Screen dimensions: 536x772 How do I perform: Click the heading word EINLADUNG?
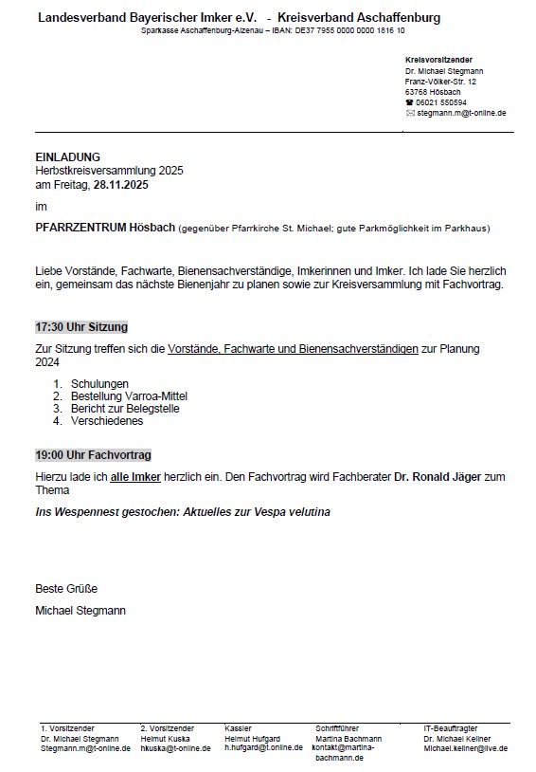coord(67,156)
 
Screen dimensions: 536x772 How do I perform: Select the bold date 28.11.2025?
coord(120,185)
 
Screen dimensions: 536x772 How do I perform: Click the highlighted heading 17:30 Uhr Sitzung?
coord(81,327)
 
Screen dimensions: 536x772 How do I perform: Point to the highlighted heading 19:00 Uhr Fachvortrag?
coord(93,455)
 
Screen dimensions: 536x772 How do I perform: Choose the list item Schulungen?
coord(99,384)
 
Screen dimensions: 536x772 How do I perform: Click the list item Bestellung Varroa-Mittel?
coord(129,396)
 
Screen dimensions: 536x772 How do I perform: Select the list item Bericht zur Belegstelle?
coord(125,409)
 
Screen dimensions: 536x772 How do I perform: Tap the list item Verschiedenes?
coord(107,421)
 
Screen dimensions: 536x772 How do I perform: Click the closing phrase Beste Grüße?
coord(66,589)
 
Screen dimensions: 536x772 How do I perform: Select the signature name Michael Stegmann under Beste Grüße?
coord(80,610)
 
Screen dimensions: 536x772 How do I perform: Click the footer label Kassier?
coord(238,728)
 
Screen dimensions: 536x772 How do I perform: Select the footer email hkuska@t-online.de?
coord(177,748)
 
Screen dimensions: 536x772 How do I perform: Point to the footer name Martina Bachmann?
coord(348,739)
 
